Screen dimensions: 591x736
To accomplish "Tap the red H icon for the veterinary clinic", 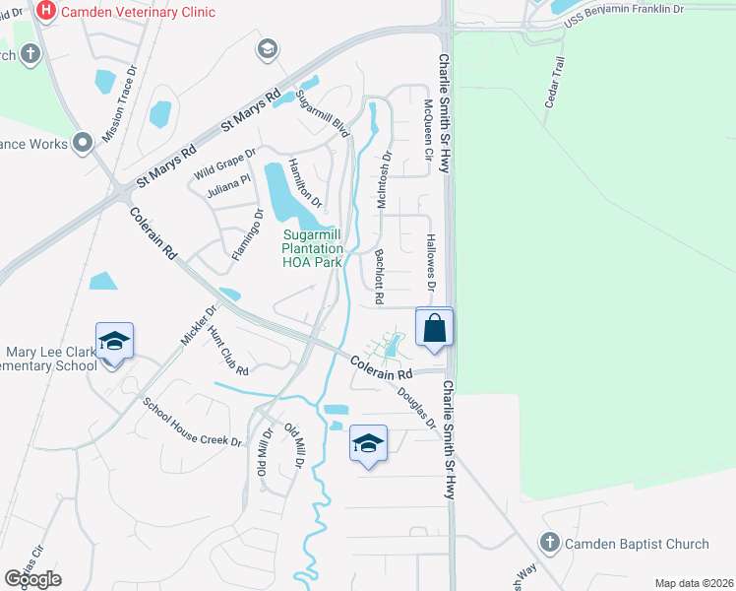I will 44,11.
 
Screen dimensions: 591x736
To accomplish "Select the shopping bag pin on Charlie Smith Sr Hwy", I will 435,328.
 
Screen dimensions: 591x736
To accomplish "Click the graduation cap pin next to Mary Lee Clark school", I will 114,342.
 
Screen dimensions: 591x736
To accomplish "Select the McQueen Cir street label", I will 428,129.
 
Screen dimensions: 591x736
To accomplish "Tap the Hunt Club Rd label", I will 228,352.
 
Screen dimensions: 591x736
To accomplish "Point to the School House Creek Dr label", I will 192,422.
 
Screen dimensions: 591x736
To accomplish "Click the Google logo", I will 32,578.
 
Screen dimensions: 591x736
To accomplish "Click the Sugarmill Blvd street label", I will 323,113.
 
